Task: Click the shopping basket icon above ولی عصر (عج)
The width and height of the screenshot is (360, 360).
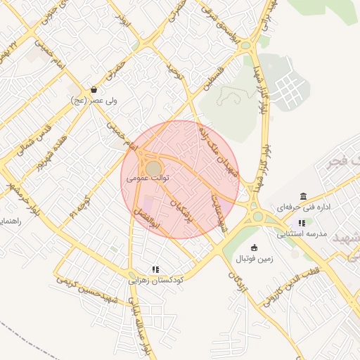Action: [x=94, y=90]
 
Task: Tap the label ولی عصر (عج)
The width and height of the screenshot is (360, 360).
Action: [x=94, y=101]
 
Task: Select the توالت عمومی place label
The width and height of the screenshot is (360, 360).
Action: [x=149, y=179]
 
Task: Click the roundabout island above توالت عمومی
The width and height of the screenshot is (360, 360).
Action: [x=153, y=167]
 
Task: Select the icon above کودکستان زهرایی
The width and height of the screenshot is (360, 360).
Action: [x=155, y=269]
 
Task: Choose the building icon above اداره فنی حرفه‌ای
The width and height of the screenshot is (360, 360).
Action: [x=303, y=196]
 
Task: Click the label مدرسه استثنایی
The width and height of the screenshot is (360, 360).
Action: [x=302, y=233]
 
